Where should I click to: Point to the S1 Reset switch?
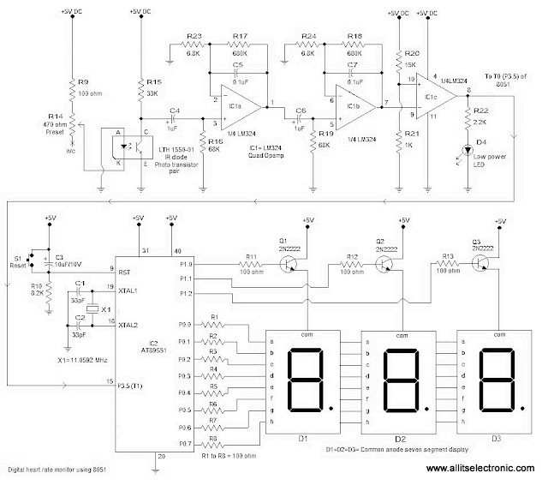(33, 257)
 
